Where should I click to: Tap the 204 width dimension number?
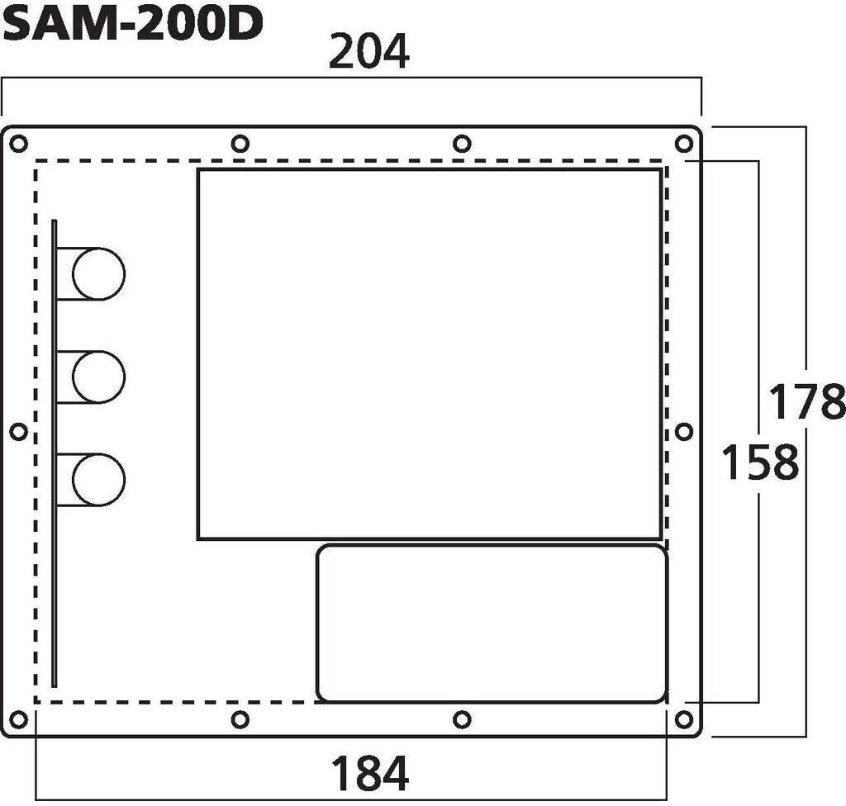coord(368,55)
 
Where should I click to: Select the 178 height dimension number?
coord(807,403)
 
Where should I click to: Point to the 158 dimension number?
coord(760,462)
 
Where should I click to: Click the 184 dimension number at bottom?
coord(369,774)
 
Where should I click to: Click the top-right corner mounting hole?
coord(683,145)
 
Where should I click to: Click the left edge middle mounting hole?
coord(18,431)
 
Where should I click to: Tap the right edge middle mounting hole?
coord(683,431)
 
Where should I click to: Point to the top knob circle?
coord(98,273)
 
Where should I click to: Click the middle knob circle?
coord(98,377)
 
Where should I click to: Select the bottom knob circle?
coord(98,480)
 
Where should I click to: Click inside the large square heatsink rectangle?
coord(429,353)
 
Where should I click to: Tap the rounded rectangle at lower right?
coord(492,623)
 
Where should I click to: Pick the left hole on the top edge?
coord(240,145)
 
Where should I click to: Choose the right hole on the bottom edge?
coord(463,719)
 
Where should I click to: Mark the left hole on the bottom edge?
coord(240,719)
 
